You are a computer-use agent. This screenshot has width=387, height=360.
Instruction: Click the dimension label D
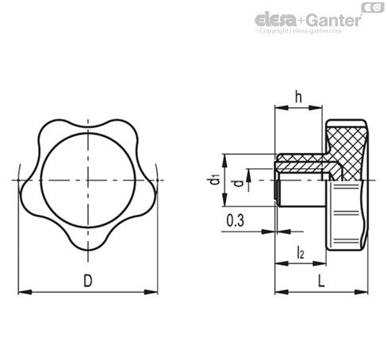[x=88, y=281]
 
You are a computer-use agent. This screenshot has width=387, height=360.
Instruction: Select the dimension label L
[x=321, y=281]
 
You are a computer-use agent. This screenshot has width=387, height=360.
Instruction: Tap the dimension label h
[x=298, y=97]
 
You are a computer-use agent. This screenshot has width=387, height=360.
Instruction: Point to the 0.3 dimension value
[x=235, y=220]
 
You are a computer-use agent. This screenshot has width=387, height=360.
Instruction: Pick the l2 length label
[x=301, y=252]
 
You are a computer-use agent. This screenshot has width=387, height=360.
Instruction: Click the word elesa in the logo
[x=276, y=20]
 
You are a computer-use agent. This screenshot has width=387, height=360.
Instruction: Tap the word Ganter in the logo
[x=334, y=20]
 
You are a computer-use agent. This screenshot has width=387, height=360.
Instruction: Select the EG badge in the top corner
[x=373, y=8]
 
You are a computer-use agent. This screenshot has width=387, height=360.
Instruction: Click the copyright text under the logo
[x=298, y=31]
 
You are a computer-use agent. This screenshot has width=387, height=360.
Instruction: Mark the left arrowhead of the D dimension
[x=25, y=292]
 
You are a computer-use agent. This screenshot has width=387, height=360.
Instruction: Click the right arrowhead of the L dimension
[x=361, y=292]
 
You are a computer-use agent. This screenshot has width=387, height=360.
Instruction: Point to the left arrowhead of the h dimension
[x=282, y=107]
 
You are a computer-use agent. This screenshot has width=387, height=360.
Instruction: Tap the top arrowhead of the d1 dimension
[x=224, y=161]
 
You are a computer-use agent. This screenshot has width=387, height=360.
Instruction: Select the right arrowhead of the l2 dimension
[x=320, y=263]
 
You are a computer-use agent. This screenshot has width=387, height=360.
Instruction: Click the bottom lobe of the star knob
[x=88, y=242]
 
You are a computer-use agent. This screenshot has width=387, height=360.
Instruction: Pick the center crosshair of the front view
[x=88, y=180]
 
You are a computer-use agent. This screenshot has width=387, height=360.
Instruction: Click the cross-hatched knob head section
[x=347, y=151]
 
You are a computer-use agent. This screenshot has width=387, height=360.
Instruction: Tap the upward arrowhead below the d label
[x=248, y=176]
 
